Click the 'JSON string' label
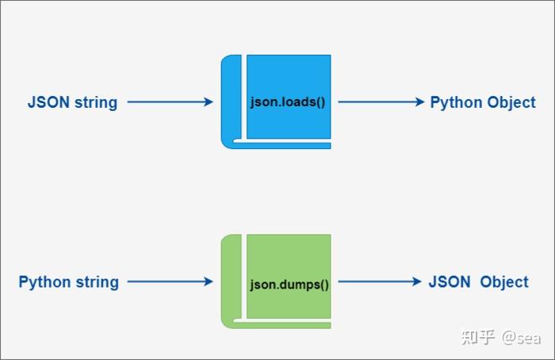(72, 102)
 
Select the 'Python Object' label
(483, 102)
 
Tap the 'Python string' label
(68, 282)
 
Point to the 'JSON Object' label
(478, 282)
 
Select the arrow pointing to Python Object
(381, 102)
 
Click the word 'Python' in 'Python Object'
(455, 103)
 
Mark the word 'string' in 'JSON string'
(95, 102)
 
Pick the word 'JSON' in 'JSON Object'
(450, 282)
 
